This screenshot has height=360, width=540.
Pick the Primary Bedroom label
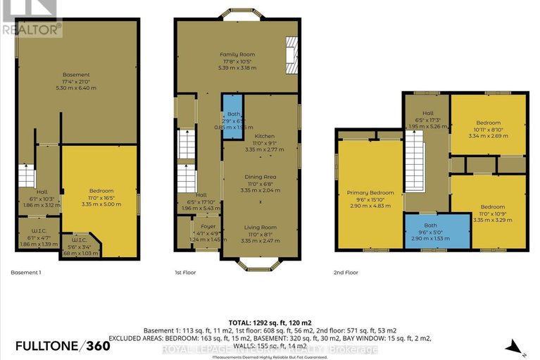point(370,192)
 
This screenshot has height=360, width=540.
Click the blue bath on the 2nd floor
point(437,230)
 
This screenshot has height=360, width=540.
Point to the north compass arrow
point(515,347)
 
